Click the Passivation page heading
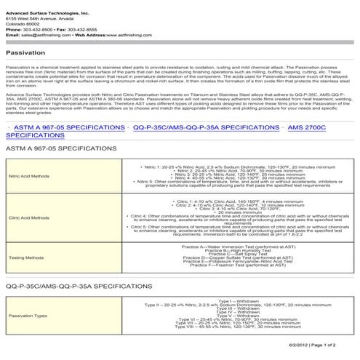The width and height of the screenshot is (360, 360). pyautogui.click(x=25, y=53)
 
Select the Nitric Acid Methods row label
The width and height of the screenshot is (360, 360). pyautogui.click(x=29, y=176)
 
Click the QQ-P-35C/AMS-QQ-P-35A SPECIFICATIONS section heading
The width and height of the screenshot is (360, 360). pyautogui.click(x=79, y=287)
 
